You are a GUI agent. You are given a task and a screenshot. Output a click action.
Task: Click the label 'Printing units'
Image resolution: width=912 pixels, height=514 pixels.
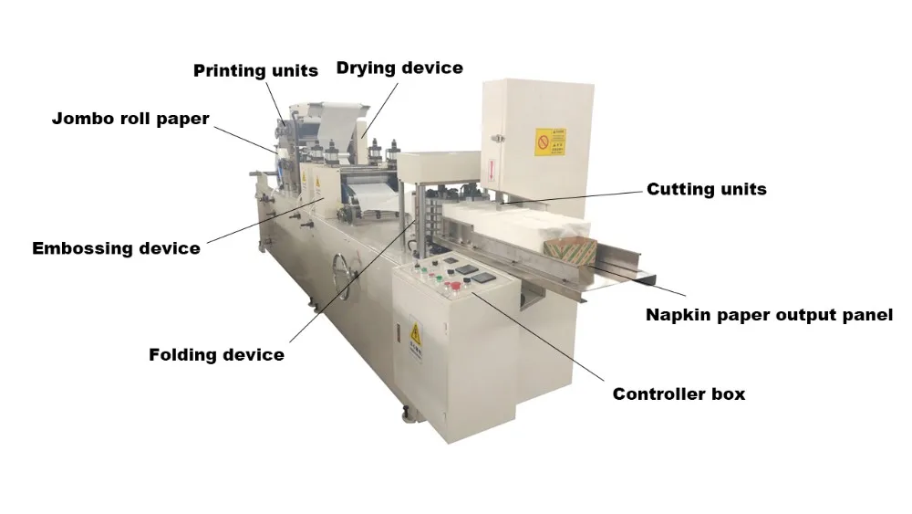pyautogui.click(x=255, y=70)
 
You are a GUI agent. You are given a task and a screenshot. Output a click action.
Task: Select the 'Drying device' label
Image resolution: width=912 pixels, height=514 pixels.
pyautogui.click(x=399, y=68)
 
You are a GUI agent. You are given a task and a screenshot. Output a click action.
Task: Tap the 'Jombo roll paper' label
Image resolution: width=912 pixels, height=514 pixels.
pyautogui.click(x=130, y=119)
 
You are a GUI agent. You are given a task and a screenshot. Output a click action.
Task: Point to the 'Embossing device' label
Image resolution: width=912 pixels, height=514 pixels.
pyautogui.click(x=116, y=248)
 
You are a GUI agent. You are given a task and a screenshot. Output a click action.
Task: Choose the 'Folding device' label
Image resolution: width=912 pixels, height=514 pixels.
pyautogui.click(x=216, y=354)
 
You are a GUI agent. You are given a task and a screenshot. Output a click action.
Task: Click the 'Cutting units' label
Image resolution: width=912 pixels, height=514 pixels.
pyautogui.click(x=706, y=189)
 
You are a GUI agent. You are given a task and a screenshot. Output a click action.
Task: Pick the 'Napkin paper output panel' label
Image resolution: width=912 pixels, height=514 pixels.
pyautogui.click(x=769, y=315)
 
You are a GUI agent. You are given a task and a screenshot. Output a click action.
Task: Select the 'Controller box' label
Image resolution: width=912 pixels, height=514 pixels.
pyautogui.click(x=679, y=394)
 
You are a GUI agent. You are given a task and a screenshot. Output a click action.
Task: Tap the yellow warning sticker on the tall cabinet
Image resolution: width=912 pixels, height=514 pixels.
pyautogui.click(x=550, y=142)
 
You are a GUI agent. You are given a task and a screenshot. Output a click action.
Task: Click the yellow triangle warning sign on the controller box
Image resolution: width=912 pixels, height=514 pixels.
pyautogui.click(x=415, y=330)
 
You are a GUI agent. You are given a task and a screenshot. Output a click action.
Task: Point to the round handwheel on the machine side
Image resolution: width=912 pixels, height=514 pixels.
pyautogui.click(x=343, y=270)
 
